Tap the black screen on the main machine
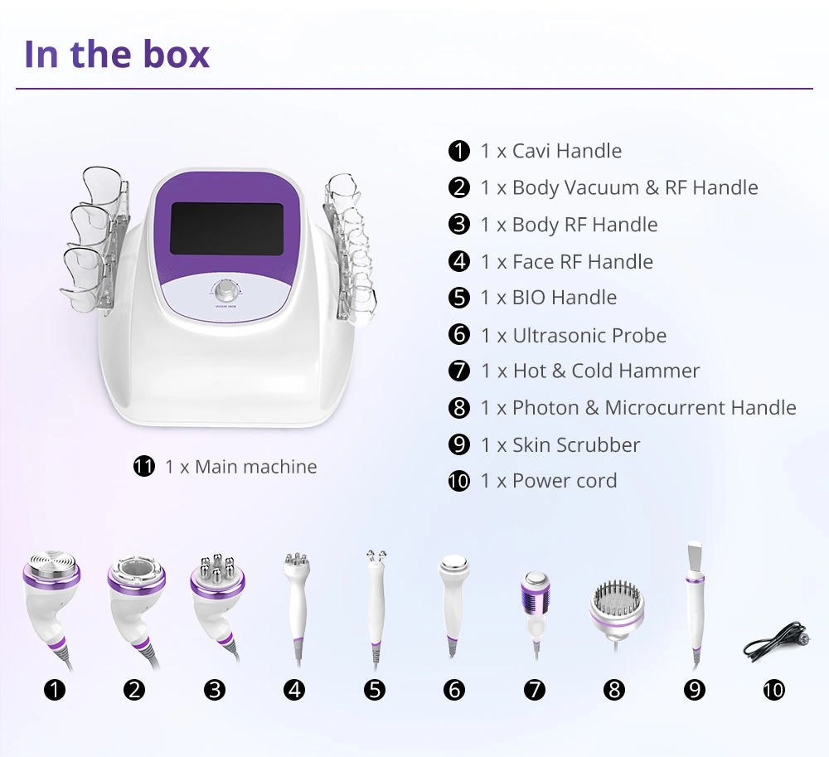click(226, 216)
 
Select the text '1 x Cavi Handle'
click(550, 151)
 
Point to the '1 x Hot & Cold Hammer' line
click(589, 371)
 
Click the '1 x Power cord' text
click(548, 481)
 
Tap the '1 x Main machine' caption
click(240, 467)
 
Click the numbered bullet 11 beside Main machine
click(144, 467)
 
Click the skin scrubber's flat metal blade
click(693, 557)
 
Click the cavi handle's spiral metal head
click(54, 569)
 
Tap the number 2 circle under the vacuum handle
click(134, 689)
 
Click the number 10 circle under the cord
click(773, 689)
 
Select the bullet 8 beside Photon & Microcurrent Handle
click(459, 408)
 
